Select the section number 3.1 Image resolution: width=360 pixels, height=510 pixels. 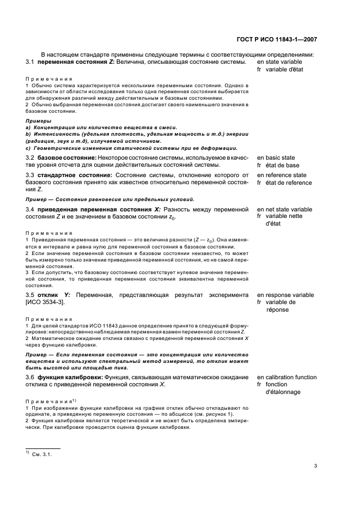30,62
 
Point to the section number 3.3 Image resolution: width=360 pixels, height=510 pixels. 30,175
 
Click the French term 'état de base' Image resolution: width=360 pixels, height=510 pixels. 282,165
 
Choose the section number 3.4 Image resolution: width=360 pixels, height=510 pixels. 30,209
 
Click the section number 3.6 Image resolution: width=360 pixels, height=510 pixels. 30,377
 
